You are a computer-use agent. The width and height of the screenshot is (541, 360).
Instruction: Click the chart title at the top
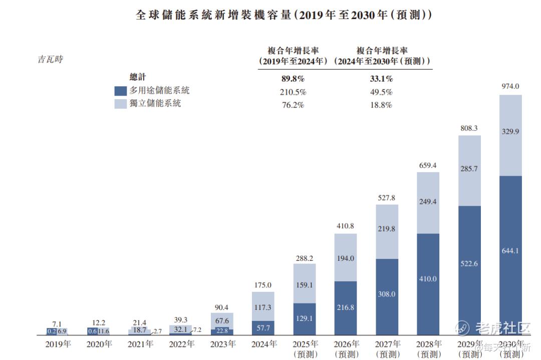(284, 15)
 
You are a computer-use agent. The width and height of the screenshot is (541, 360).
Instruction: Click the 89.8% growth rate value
(293, 79)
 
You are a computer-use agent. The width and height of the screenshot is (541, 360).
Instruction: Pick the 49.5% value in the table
(382, 92)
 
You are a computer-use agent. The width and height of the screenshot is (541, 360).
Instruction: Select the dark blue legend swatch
(120, 91)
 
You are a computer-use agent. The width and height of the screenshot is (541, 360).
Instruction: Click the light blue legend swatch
(120, 104)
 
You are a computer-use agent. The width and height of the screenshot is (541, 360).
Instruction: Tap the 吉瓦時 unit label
(51, 60)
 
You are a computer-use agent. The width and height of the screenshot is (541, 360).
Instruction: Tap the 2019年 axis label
(58, 344)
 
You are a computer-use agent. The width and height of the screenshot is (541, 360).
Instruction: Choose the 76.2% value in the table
(293, 105)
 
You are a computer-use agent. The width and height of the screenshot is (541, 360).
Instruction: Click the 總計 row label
(137, 77)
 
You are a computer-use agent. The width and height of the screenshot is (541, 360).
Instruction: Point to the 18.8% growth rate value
(382, 105)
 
